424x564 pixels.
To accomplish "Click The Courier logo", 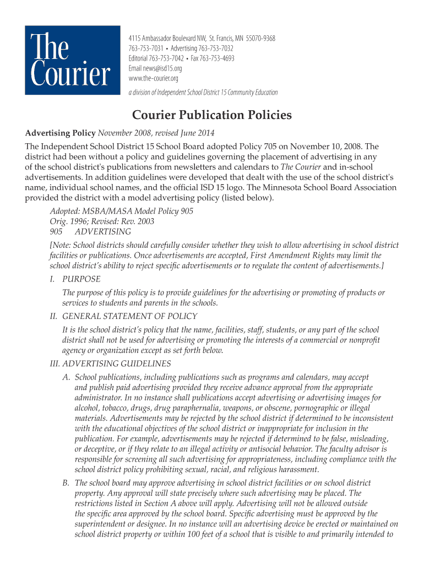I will click(x=72, y=61).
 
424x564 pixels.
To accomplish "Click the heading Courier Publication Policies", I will click(x=211, y=115).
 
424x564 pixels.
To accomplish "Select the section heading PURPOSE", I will click(x=81, y=279).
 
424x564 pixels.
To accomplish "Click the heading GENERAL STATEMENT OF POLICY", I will click(x=130, y=317).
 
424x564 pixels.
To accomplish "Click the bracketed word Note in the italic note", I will click(x=61, y=246).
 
